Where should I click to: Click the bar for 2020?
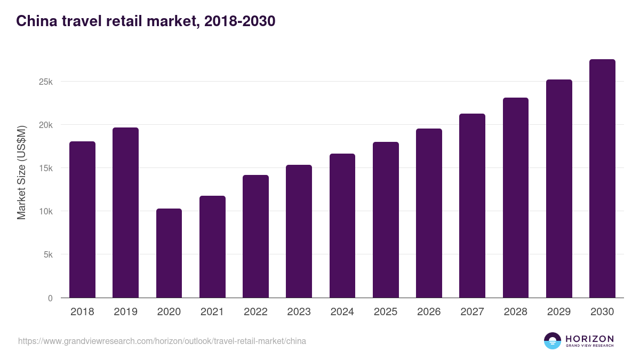tap(169, 253)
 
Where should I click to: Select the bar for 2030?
tap(602, 179)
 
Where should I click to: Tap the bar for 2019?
tap(125, 213)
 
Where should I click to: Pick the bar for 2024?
tap(342, 226)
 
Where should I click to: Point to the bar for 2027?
tap(472, 206)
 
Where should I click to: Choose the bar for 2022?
tap(255, 236)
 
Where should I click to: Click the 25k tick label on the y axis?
tap(45, 82)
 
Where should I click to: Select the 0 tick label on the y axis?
tap(50, 298)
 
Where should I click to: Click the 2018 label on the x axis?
tap(82, 312)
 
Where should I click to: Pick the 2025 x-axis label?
tap(386, 312)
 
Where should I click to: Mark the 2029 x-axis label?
tap(559, 312)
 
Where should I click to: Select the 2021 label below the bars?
tap(212, 312)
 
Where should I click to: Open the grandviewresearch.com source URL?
tap(162, 341)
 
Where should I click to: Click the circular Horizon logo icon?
tap(553, 341)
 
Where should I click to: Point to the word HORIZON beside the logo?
tap(589, 339)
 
